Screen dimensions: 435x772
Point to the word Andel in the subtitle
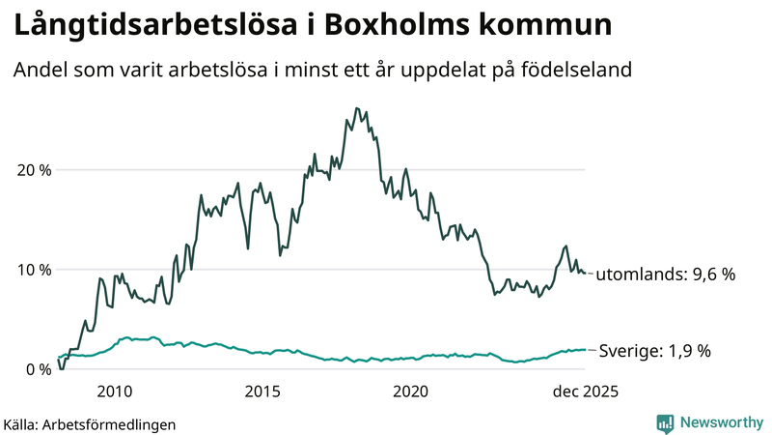pos(39,71)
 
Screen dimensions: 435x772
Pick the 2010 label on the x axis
pos(114,391)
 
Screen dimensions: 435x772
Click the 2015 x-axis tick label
pos(262,391)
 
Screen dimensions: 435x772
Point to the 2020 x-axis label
pos(411,391)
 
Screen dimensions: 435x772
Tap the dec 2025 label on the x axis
pos(584,391)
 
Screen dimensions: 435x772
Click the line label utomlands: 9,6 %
pos(665,275)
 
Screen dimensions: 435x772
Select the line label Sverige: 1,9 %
pos(654,351)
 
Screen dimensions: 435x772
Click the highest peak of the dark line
pos(356,108)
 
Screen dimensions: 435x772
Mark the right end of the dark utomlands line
pos(585,274)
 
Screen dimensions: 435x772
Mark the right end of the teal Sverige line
pos(585,350)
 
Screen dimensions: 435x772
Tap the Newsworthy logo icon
pos(665,422)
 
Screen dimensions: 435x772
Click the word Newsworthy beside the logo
pos(720,422)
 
